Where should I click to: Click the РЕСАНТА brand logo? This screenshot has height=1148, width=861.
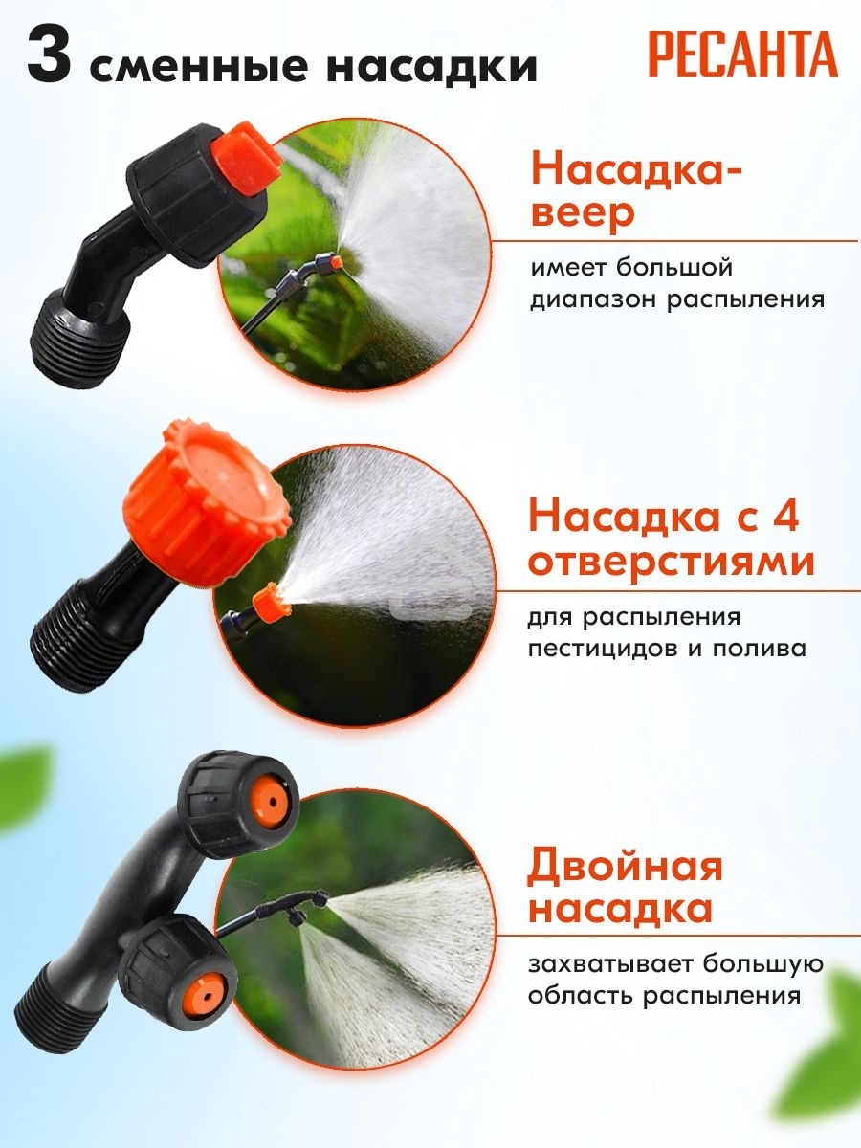[x=742, y=55]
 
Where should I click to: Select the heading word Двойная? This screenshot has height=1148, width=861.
[x=625, y=867]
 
